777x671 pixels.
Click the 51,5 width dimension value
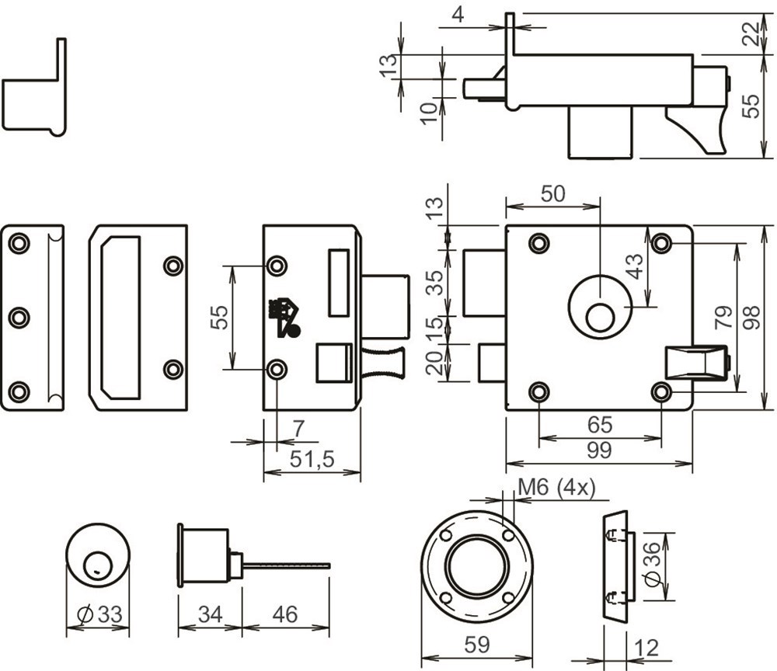312,459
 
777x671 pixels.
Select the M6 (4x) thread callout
556,487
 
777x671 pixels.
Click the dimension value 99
599,450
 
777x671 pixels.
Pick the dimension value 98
751,318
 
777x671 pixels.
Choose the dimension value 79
722,318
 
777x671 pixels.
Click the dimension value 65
600,425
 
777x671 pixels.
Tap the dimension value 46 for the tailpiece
285,614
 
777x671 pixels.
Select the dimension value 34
210,614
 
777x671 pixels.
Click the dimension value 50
552,194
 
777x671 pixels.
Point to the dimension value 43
635,267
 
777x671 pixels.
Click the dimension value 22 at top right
751,34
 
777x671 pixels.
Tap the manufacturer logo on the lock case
282,318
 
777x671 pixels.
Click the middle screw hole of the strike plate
18,318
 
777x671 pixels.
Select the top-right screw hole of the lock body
661,244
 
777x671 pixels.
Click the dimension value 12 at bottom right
646,648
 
